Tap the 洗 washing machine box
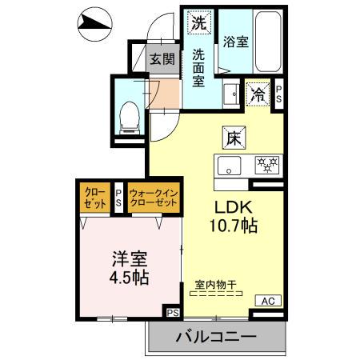198,22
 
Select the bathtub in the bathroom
265,40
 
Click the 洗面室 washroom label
198,67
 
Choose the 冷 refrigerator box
258,94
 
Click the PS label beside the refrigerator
278,94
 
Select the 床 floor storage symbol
233,137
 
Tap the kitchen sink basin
228,166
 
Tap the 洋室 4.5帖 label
130,267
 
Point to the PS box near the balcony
172,311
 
